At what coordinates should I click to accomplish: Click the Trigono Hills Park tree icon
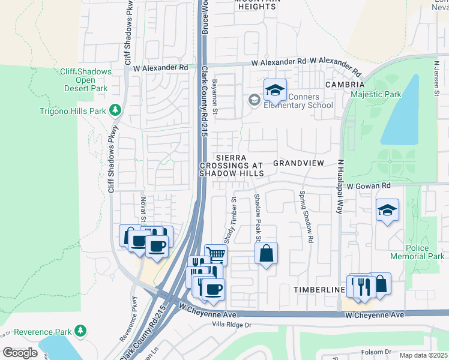[115, 111]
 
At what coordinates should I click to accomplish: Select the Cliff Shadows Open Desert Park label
[85, 80]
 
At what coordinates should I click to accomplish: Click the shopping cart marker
[215, 254]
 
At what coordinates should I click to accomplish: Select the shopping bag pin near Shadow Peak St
[267, 253]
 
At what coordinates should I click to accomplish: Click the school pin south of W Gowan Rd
[387, 210]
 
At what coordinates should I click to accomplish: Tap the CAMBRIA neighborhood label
[345, 85]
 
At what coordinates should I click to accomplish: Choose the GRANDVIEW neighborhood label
[298, 163]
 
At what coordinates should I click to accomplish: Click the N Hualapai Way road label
[340, 187]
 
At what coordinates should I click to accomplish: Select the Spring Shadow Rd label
[306, 217]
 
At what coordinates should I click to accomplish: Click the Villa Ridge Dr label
[230, 325]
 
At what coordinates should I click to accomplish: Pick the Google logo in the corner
[20, 353]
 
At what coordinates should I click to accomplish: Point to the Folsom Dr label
[379, 352]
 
